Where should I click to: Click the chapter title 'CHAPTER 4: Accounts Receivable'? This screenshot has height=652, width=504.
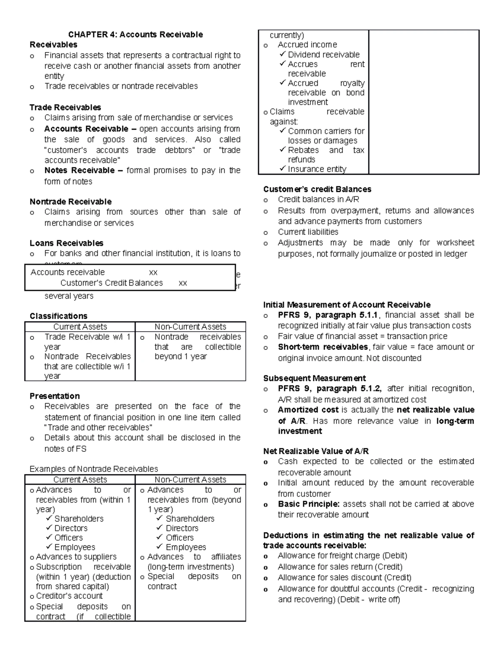pyautogui.click(x=135, y=34)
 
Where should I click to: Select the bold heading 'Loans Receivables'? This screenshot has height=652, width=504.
pyautogui.click(x=66, y=243)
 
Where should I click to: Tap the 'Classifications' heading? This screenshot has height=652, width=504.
pyautogui.click(x=58, y=316)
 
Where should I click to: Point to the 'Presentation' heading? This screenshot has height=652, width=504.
pyautogui.click(x=55, y=396)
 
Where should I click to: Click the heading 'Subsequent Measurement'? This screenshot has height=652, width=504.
pyautogui.click(x=314, y=378)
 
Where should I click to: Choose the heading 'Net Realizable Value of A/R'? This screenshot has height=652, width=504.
pyautogui.click(x=316, y=451)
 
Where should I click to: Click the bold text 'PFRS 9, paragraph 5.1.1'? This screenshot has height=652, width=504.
pyautogui.click(x=328, y=315)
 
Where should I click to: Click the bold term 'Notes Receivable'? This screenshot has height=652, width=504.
pyautogui.click(x=79, y=170)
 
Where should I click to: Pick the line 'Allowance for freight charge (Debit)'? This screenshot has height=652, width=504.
pyautogui.click(x=342, y=556)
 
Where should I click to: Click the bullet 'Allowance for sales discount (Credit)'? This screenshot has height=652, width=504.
pyautogui.click(x=344, y=578)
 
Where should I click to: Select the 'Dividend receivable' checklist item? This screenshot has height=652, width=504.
pyautogui.click(x=323, y=55)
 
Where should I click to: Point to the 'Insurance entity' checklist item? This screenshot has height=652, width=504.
pyautogui.click(x=317, y=169)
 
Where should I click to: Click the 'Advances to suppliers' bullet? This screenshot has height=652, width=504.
pyautogui.click(x=76, y=557)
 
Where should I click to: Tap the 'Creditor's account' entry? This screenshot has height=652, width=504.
pyautogui.click(x=69, y=596)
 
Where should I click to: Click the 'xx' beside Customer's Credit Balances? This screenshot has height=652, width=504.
pyautogui.click(x=183, y=283)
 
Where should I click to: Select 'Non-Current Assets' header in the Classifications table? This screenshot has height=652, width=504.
pyautogui.click(x=190, y=327)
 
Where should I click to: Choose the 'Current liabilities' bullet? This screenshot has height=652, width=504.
pyautogui.click(x=308, y=232)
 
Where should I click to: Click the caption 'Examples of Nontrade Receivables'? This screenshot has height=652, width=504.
pyautogui.click(x=94, y=469)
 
